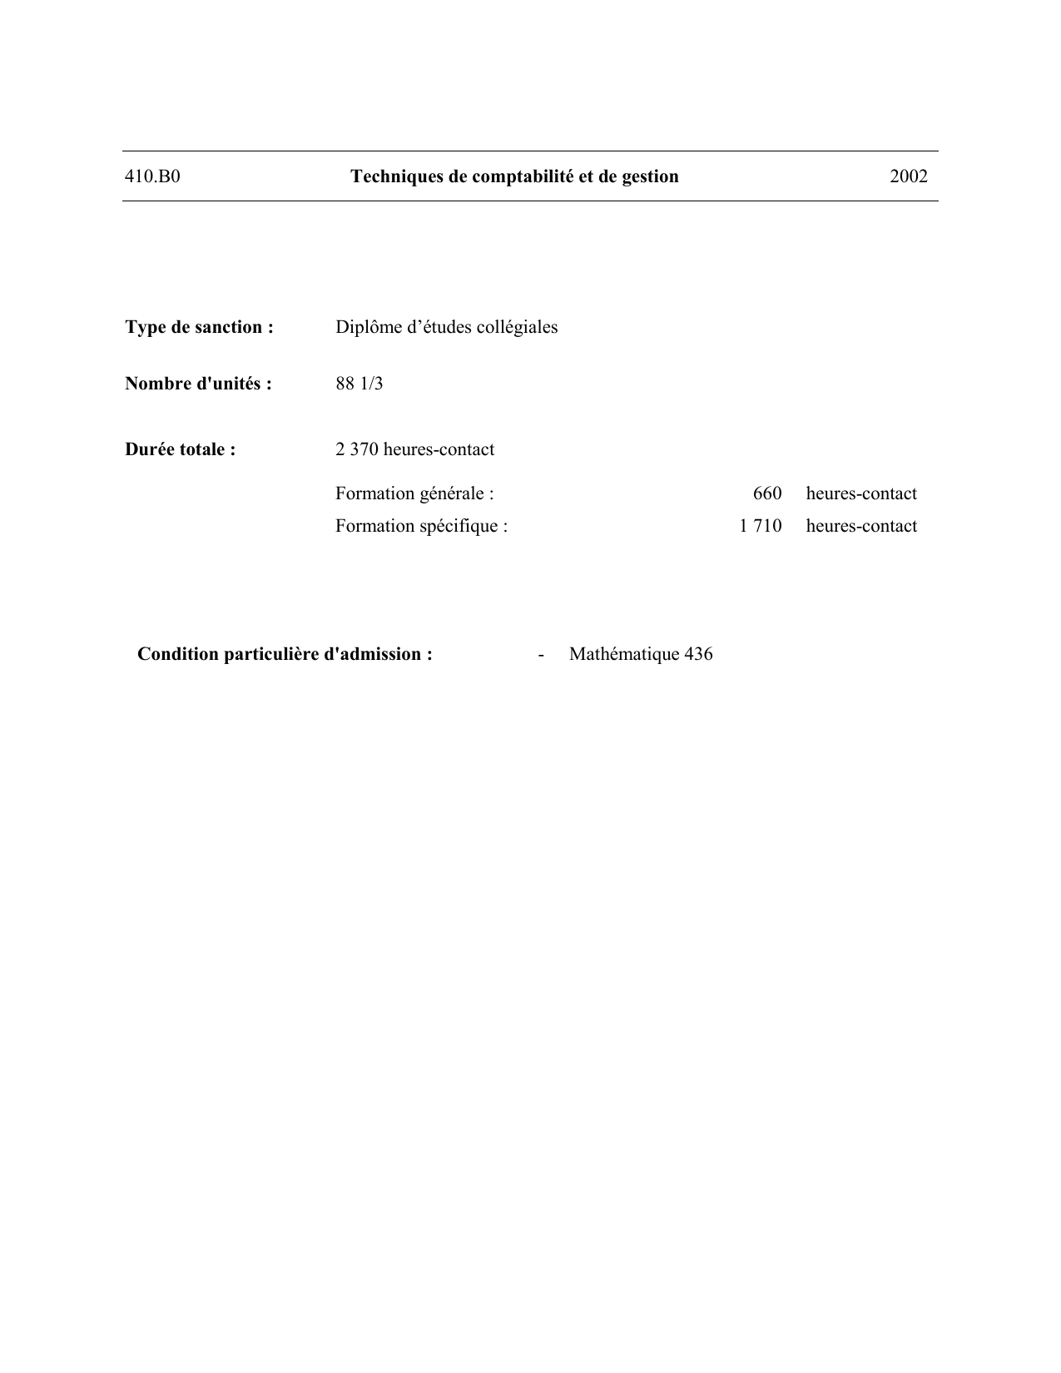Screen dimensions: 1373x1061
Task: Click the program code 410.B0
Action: click(x=152, y=176)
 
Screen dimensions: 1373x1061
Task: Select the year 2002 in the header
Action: click(x=908, y=176)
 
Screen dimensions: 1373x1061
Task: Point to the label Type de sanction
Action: click(x=199, y=327)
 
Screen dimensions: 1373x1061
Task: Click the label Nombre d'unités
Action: click(x=198, y=384)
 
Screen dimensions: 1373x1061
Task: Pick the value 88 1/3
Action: click(x=359, y=384)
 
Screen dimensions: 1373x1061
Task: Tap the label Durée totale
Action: click(x=180, y=449)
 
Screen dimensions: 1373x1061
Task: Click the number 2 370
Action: click(x=356, y=449)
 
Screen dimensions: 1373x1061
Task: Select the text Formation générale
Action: click(x=414, y=493)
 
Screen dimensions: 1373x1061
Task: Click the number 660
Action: click(x=766, y=493)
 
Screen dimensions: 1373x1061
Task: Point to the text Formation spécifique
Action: click(x=420, y=526)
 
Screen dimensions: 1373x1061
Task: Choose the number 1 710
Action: click(x=760, y=526)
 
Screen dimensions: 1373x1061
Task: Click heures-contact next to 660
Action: click(x=861, y=493)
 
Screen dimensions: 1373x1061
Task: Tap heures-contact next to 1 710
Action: click(x=861, y=526)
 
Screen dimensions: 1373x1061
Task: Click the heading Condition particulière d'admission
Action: click(x=285, y=654)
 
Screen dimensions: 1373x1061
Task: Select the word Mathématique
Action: click(x=624, y=654)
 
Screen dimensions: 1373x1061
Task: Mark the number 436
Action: click(x=698, y=654)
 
